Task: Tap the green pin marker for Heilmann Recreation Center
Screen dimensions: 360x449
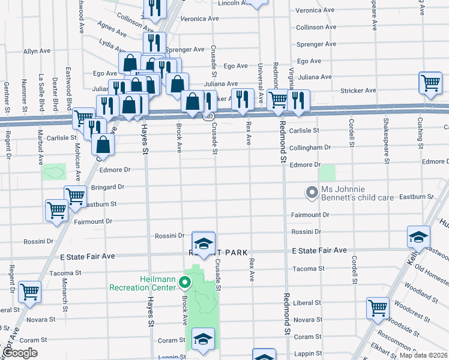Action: [x=186, y=281]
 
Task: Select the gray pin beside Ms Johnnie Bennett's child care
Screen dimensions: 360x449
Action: [x=312, y=193]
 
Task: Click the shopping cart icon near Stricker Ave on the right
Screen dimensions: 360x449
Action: [x=430, y=83]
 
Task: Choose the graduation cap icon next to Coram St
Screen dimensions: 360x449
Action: [x=203, y=339]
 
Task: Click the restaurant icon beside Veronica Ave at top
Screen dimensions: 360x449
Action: [x=154, y=8]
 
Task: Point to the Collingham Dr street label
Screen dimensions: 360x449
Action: [x=310, y=147]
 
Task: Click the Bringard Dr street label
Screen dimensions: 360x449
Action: [x=107, y=187]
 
